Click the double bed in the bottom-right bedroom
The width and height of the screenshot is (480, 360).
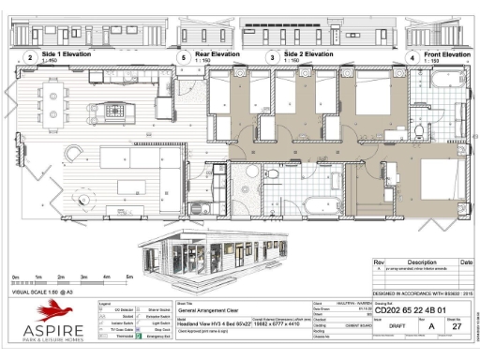tap(433, 182)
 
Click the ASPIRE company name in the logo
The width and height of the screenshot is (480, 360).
tap(52, 332)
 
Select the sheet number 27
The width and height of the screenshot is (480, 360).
tap(457, 327)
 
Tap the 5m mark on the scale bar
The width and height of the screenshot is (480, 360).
tap(129, 278)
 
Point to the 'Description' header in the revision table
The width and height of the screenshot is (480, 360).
tap(416, 262)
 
